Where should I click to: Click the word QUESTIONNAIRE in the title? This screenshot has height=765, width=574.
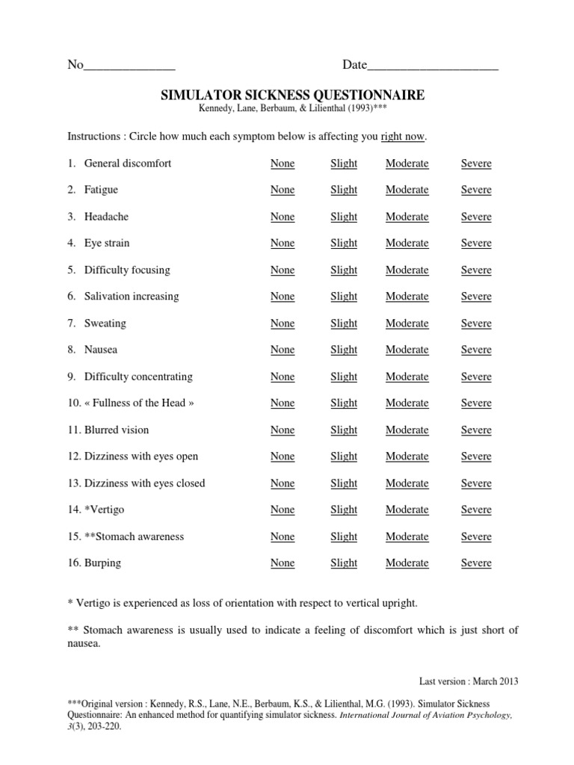pos(363,95)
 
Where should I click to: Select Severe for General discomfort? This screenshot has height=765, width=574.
pos(476,164)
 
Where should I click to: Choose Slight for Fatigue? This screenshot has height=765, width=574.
pos(344,190)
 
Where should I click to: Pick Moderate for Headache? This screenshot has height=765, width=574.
pos(407,217)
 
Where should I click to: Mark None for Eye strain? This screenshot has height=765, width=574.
pos(283,244)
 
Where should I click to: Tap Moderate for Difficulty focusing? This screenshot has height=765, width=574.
pos(407,270)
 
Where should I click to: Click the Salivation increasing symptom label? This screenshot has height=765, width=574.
pos(131,297)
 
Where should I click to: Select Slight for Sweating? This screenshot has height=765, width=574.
pos(344,323)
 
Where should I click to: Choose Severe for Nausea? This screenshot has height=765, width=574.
pos(476,350)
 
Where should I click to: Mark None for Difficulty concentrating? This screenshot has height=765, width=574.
pos(283,377)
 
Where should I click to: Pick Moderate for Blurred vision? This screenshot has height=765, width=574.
pos(407,430)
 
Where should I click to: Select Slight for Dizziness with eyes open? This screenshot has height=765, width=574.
pos(344,456)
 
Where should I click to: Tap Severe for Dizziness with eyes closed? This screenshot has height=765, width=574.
pos(476,483)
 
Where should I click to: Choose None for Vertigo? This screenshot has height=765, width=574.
pos(283,510)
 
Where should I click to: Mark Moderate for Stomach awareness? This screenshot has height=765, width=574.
pos(407,537)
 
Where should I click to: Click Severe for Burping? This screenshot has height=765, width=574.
pos(476,563)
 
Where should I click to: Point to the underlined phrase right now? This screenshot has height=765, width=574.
pos(403,137)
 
